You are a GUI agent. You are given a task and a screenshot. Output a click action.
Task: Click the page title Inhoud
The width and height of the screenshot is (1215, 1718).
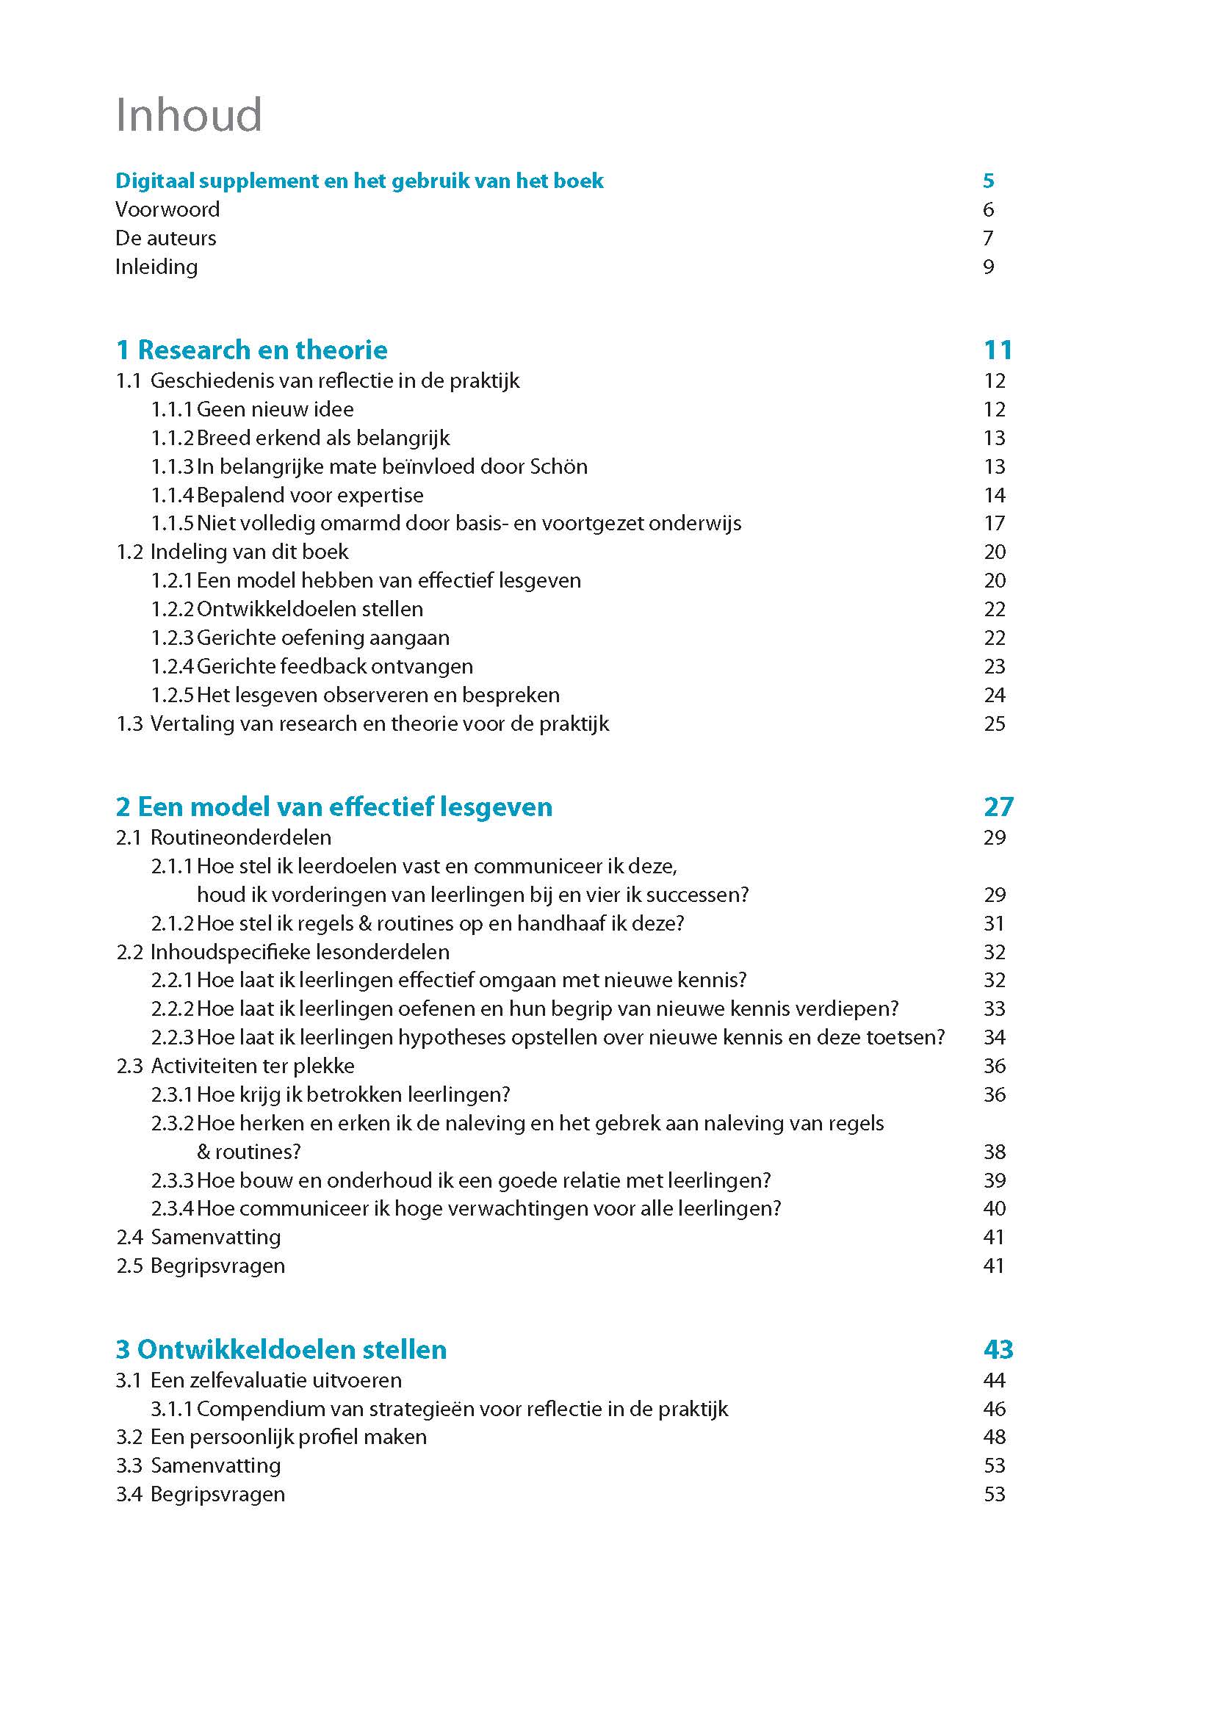coord(189,115)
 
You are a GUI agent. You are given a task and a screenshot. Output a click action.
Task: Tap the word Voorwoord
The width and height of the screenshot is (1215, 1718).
coord(167,209)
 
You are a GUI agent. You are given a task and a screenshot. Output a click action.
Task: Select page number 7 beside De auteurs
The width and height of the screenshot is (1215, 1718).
coord(988,238)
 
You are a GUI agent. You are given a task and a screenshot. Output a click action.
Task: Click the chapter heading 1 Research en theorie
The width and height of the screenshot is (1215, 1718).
coord(251,350)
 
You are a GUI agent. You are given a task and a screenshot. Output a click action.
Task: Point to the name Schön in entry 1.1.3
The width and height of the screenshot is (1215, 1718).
coord(558,467)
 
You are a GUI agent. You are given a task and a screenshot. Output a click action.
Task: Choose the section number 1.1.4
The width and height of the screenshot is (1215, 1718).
coord(172,495)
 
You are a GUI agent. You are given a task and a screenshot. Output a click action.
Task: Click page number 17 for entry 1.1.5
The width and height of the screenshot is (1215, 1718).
coord(995,524)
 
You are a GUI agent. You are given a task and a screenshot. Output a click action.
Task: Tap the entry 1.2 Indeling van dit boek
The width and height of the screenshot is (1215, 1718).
coord(232,552)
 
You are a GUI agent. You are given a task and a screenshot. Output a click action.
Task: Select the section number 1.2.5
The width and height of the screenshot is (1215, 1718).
coord(172,695)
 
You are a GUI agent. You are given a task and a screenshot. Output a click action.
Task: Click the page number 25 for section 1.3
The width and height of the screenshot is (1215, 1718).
coord(995,723)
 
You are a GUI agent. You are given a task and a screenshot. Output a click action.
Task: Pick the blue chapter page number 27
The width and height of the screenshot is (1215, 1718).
coord(998,806)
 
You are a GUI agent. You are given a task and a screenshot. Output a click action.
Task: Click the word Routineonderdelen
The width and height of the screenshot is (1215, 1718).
coord(241,837)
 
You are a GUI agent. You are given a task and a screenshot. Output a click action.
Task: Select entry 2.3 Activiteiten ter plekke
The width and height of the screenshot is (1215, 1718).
coord(236,1066)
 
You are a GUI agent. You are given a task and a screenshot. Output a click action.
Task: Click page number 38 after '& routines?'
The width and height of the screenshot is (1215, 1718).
coord(995,1152)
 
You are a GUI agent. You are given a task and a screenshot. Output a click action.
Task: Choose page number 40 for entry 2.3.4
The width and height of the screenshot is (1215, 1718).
coord(995,1208)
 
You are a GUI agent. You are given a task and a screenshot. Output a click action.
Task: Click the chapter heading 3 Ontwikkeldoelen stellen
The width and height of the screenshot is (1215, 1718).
coord(281,1349)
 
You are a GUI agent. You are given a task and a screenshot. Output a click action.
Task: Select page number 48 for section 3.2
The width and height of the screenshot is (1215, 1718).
coord(995,1437)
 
